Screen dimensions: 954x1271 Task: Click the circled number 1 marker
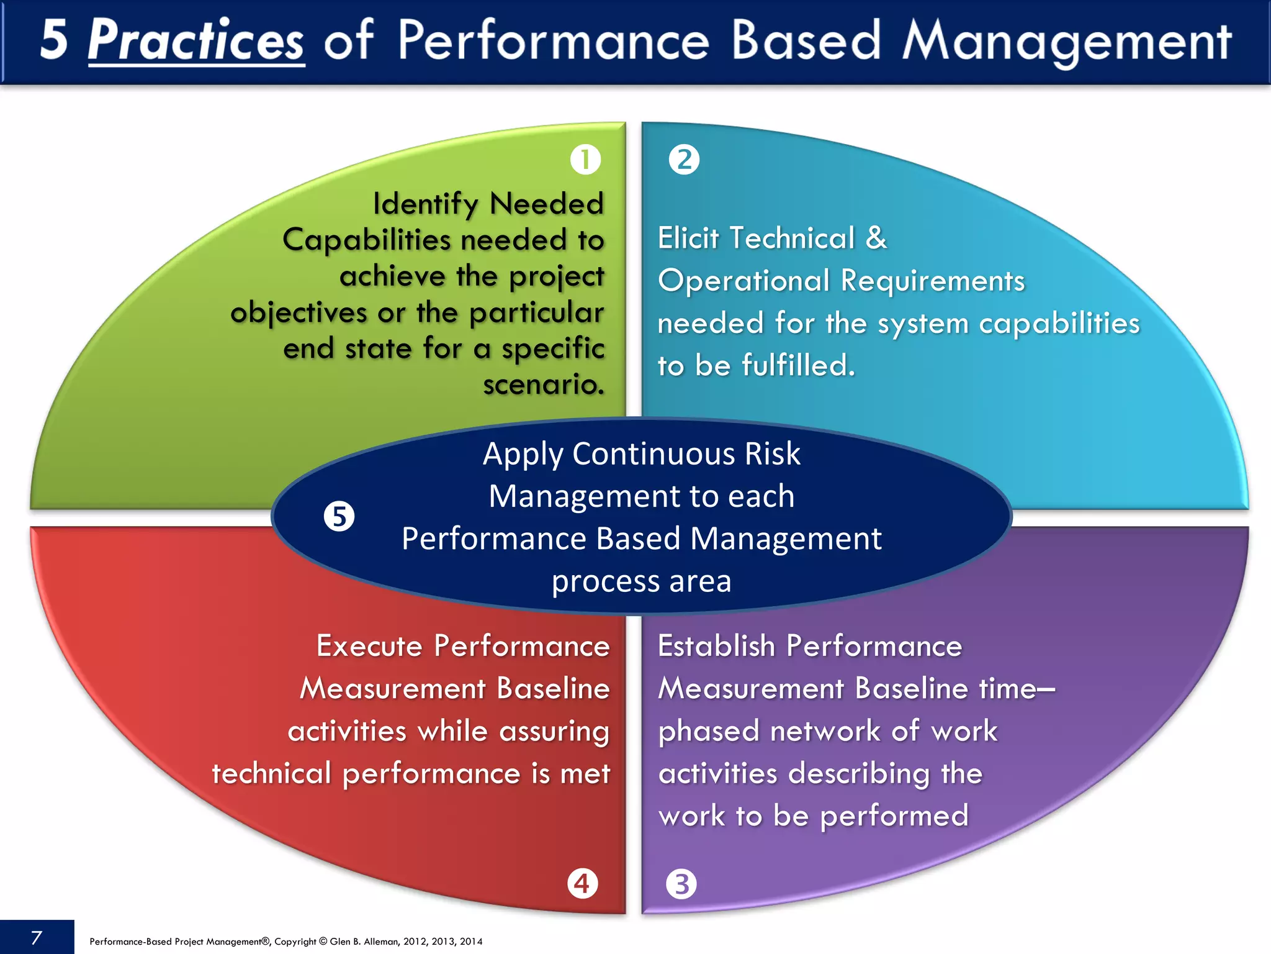tap(585, 160)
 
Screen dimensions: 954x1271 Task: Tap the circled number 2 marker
tap(684, 160)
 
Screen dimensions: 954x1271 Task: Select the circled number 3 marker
tap(681, 884)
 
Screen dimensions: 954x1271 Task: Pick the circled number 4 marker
tap(583, 883)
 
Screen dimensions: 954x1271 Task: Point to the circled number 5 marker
tap(339, 517)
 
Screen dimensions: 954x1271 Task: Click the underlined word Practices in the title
tap(196, 40)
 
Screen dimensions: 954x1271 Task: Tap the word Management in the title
tap(1067, 42)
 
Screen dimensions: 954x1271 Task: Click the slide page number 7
tap(37, 937)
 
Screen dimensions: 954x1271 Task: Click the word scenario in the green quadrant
tap(543, 384)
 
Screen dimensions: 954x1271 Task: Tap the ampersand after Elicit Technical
tap(876, 238)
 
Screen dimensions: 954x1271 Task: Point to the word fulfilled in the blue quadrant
tap(798, 365)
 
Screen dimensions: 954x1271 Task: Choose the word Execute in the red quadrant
tap(370, 646)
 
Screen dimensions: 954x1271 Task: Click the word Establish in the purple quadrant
tap(716, 646)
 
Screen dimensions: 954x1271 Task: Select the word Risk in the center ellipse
tap(772, 453)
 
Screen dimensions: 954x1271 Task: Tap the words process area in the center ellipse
tap(641, 581)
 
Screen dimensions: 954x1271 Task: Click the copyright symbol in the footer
tap(323, 942)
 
